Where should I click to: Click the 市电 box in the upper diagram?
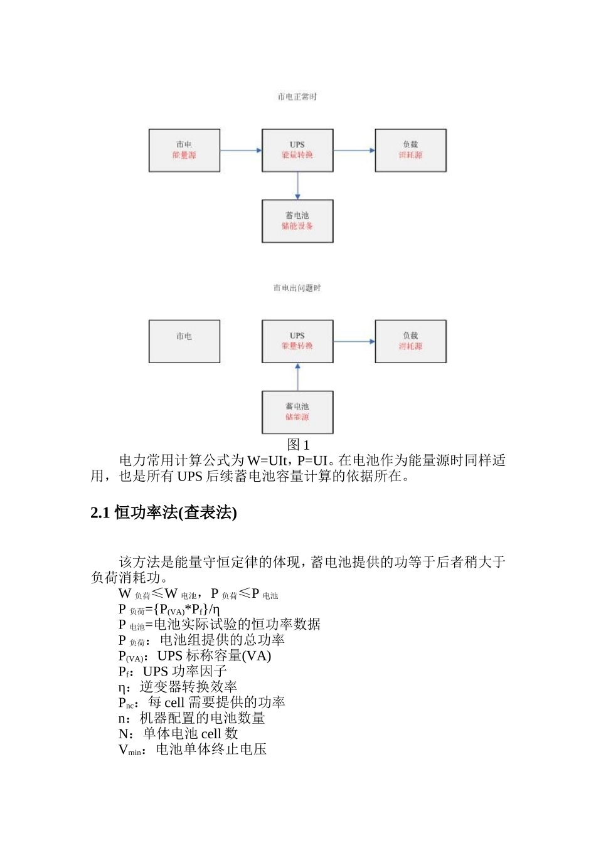pos(184,151)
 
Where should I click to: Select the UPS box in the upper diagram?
pos(297,151)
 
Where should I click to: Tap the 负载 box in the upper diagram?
pos(410,151)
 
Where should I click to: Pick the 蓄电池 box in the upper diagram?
pos(297,221)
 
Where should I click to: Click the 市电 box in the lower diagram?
pos(184,341)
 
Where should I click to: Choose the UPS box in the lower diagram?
pos(297,341)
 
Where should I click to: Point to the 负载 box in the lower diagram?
pos(410,341)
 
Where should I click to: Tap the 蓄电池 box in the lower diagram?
pos(297,412)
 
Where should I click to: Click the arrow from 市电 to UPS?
pos(241,151)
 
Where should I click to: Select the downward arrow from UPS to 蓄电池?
pos(297,186)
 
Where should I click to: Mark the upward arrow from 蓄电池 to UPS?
pos(297,377)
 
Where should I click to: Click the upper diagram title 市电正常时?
pos(297,97)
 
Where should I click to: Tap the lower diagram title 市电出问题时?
pos(297,288)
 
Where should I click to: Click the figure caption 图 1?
pos(298,445)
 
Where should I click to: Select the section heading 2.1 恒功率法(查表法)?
pos(164,513)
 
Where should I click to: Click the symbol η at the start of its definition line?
pos(122,687)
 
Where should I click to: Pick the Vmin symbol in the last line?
pos(130,750)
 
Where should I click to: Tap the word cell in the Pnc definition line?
pos(174,703)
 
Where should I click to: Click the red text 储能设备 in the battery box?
pos(297,226)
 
